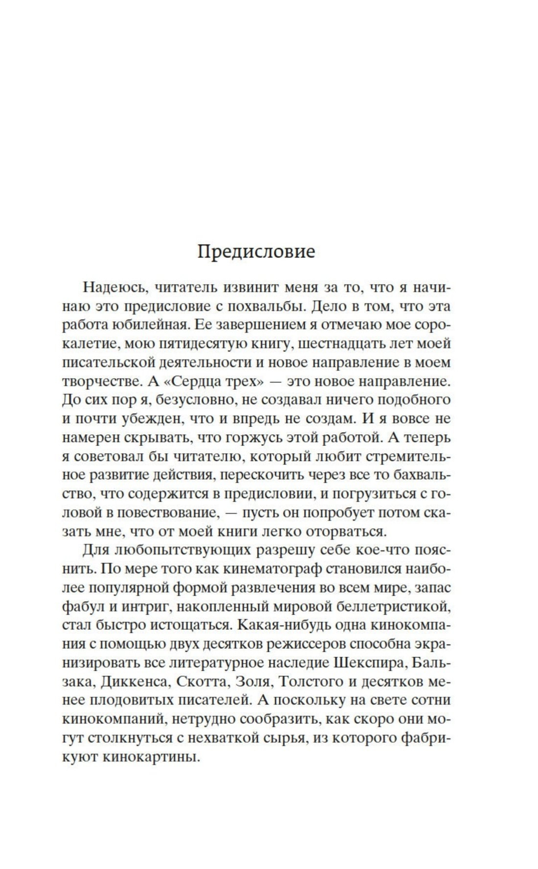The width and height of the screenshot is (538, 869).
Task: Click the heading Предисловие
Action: pos(256,252)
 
